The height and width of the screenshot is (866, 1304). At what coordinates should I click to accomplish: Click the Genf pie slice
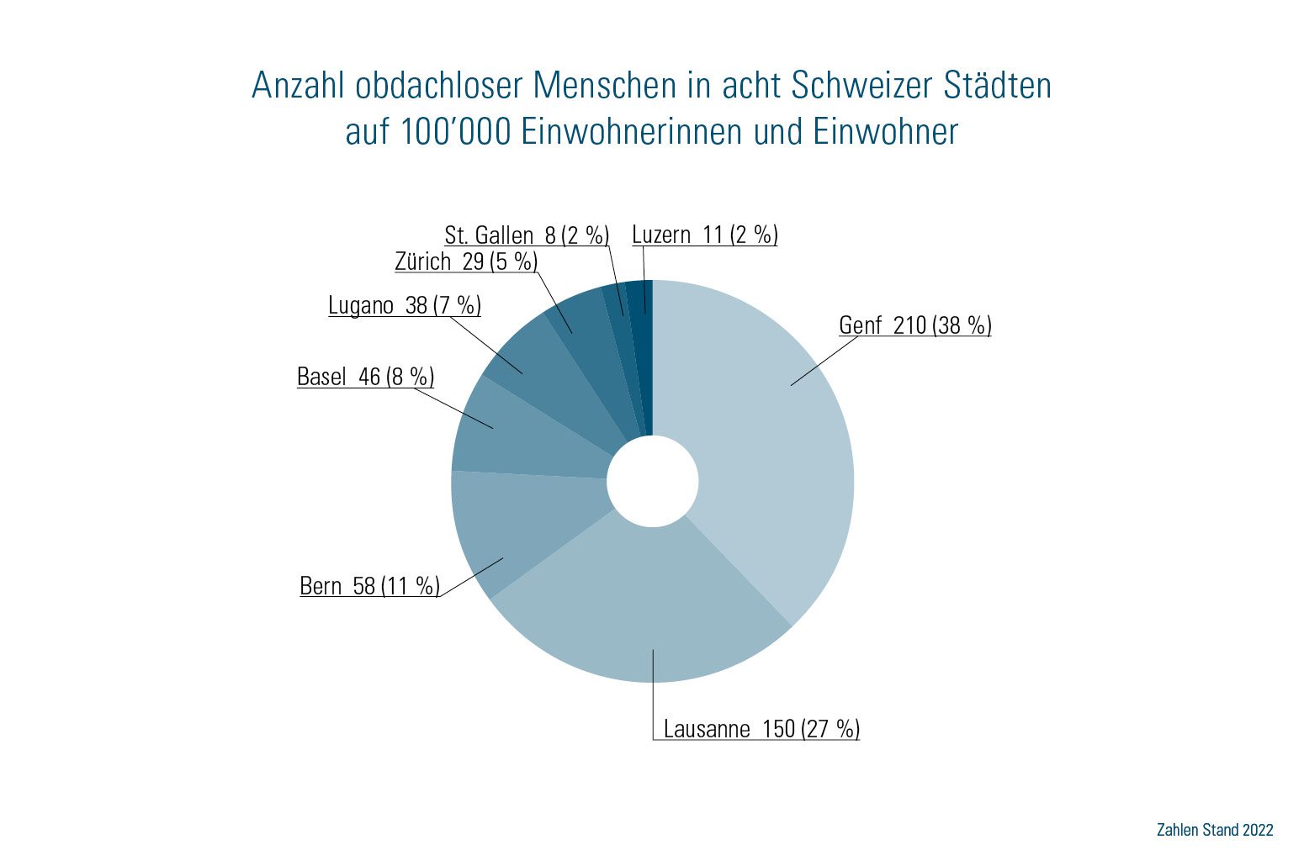pos(766,454)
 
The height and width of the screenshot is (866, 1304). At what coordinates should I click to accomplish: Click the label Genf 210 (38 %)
pos(915,325)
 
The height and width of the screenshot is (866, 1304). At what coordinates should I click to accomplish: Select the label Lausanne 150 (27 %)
pos(761,728)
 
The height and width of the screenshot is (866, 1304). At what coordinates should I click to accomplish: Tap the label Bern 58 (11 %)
pos(369,586)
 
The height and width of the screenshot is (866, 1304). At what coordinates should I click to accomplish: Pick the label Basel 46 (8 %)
pos(365,377)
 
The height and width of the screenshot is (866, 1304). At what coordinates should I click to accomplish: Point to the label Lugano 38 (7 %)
pos(405,305)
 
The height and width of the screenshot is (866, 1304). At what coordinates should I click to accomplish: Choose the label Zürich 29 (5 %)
pos(466,261)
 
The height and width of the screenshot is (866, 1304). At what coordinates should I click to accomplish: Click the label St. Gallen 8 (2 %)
pos(527,235)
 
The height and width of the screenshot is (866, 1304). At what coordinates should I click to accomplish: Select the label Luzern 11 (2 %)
pos(705,235)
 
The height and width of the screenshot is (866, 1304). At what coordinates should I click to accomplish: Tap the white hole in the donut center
pos(652,481)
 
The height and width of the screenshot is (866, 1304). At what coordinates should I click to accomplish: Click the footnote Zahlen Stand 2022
pos(1215,830)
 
